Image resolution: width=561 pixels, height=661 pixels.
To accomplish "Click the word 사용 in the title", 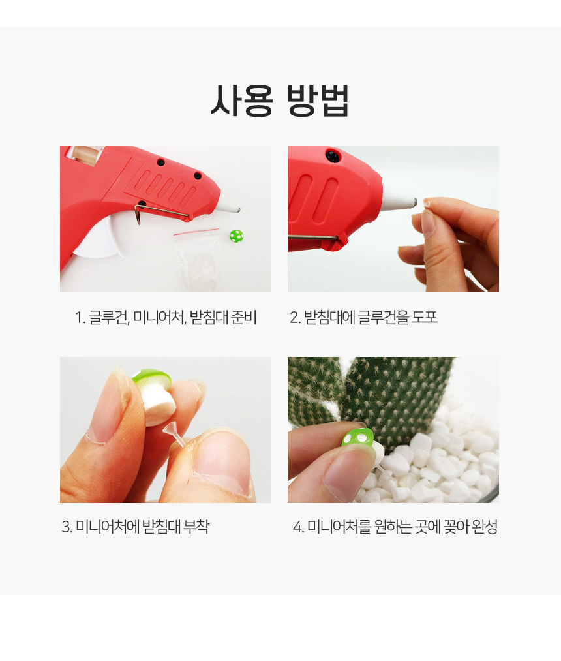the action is (242, 100).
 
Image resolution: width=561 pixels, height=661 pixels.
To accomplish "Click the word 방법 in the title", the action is (318, 100).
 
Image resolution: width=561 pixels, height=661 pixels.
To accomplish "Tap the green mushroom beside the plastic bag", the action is (236, 236).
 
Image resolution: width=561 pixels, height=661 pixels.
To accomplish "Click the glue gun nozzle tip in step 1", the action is (239, 209).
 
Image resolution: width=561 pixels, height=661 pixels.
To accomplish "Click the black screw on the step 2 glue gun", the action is (333, 156).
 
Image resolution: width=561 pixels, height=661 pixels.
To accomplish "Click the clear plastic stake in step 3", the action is (177, 437).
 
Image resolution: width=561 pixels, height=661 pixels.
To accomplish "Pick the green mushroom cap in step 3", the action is (152, 377).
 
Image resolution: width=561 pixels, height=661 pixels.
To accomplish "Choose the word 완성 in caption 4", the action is (485, 527).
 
